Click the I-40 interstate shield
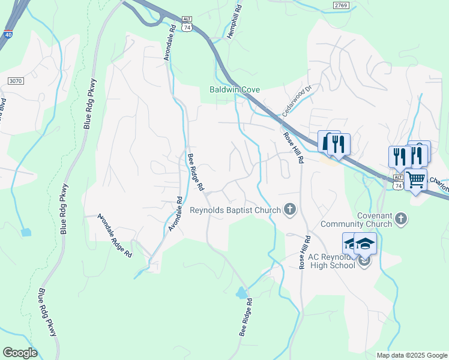point(8,34)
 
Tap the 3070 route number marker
point(16,80)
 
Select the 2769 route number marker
point(340,5)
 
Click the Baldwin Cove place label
point(234,89)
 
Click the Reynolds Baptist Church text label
point(235,210)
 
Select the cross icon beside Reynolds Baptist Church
point(290,209)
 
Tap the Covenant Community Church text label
point(382,220)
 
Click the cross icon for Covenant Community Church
point(402,218)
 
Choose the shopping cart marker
point(415,179)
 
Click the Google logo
point(20,353)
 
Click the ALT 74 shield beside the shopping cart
point(398,183)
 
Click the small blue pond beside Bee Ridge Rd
point(242,293)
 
